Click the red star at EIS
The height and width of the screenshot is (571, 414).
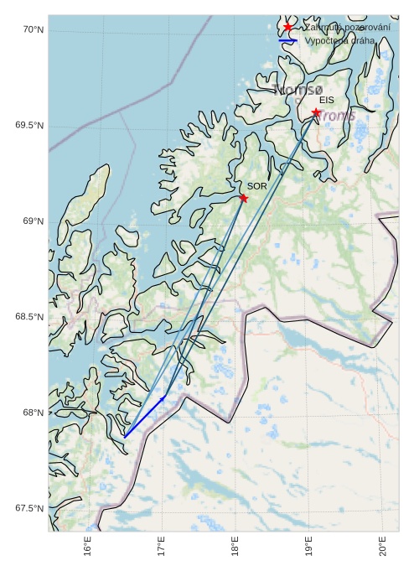point(316,112)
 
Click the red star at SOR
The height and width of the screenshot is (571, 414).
point(243,198)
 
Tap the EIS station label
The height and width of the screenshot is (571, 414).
point(326,101)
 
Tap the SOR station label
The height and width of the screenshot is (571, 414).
point(256,186)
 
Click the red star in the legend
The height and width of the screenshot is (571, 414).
point(287,27)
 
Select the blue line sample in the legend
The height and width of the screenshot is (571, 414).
point(287,40)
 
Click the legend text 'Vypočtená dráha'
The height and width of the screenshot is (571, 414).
point(339,40)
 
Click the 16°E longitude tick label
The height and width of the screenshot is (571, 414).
point(88,548)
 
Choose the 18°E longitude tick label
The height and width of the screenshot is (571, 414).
point(235,548)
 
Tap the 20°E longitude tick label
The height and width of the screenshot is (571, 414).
point(382,548)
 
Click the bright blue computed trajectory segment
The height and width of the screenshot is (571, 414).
point(144,417)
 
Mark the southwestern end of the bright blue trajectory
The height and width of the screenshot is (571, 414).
point(125,437)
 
